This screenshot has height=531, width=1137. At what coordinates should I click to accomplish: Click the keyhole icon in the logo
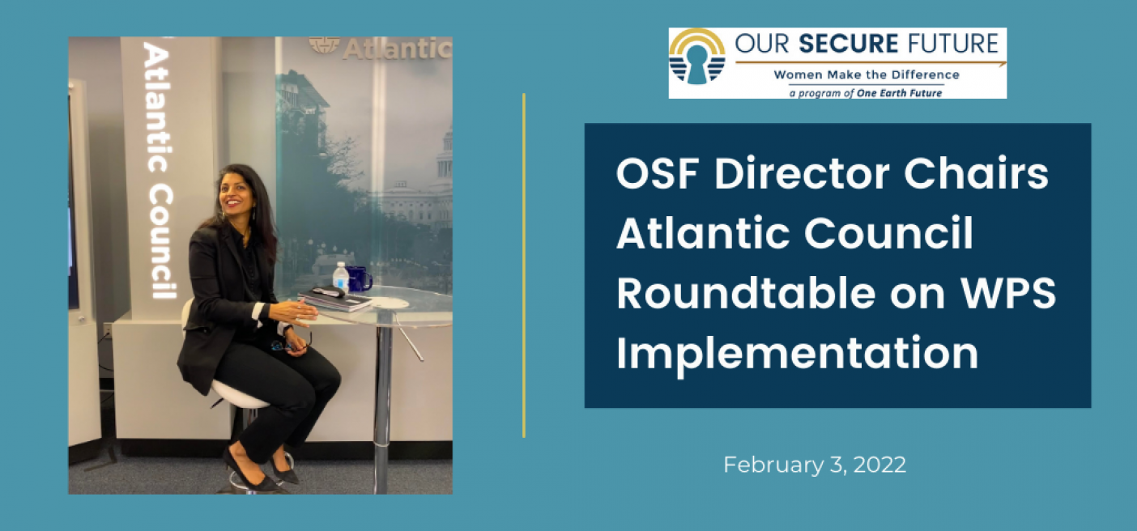pyautogui.click(x=697, y=64)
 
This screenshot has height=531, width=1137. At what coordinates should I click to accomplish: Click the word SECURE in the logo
pyautogui.click(x=849, y=44)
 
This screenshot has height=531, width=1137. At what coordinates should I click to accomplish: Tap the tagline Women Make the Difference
pyautogui.click(x=867, y=75)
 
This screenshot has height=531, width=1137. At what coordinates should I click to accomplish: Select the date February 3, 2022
pyautogui.click(x=815, y=465)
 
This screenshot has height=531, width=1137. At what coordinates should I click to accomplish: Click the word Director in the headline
pyautogui.click(x=802, y=174)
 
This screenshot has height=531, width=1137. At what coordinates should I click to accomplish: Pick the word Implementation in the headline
pyautogui.click(x=798, y=355)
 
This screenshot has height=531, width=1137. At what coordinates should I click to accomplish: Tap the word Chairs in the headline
pyautogui.click(x=976, y=173)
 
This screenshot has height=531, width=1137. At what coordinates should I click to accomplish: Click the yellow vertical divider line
pyautogui.click(x=524, y=265)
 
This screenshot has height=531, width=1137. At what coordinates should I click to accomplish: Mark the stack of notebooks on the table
pyautogui.click(x=335, y=299)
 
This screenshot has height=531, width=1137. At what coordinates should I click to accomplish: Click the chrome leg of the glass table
pyautogui.click(x=383, y=401)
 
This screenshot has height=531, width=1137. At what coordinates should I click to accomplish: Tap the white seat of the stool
pyautogui.click(x=239, y=393)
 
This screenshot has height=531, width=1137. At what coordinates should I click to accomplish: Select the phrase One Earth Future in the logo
pyautogui.click(x=899, y=93)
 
